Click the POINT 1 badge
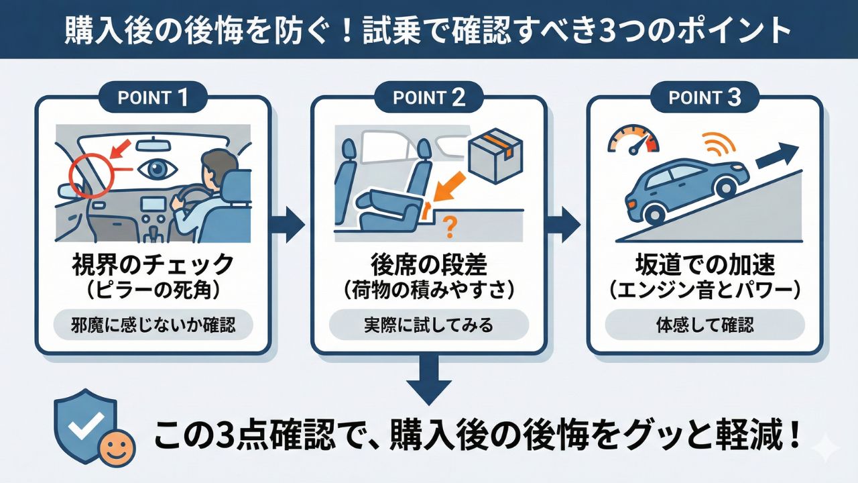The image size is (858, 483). point(152,97)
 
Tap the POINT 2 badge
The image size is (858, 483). point(428,97)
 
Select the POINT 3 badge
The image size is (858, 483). point(704,97)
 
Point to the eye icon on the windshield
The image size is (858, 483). point(157,170)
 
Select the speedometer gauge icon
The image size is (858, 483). point(633,137)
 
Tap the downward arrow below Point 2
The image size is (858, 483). point(428,378)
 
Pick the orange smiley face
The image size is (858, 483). point(117,448)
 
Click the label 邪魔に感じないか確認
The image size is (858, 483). point(152,326)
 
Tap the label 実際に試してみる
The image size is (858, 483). point(428,326)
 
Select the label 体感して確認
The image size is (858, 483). point(704,326)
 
